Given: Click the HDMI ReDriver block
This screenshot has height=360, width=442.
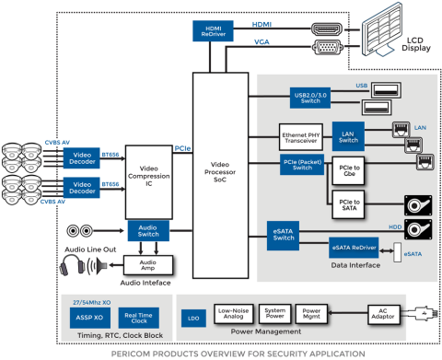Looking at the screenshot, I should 211,30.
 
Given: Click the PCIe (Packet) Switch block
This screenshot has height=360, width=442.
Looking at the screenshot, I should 303,166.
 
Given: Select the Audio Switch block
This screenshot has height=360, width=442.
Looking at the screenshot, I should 147,231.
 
